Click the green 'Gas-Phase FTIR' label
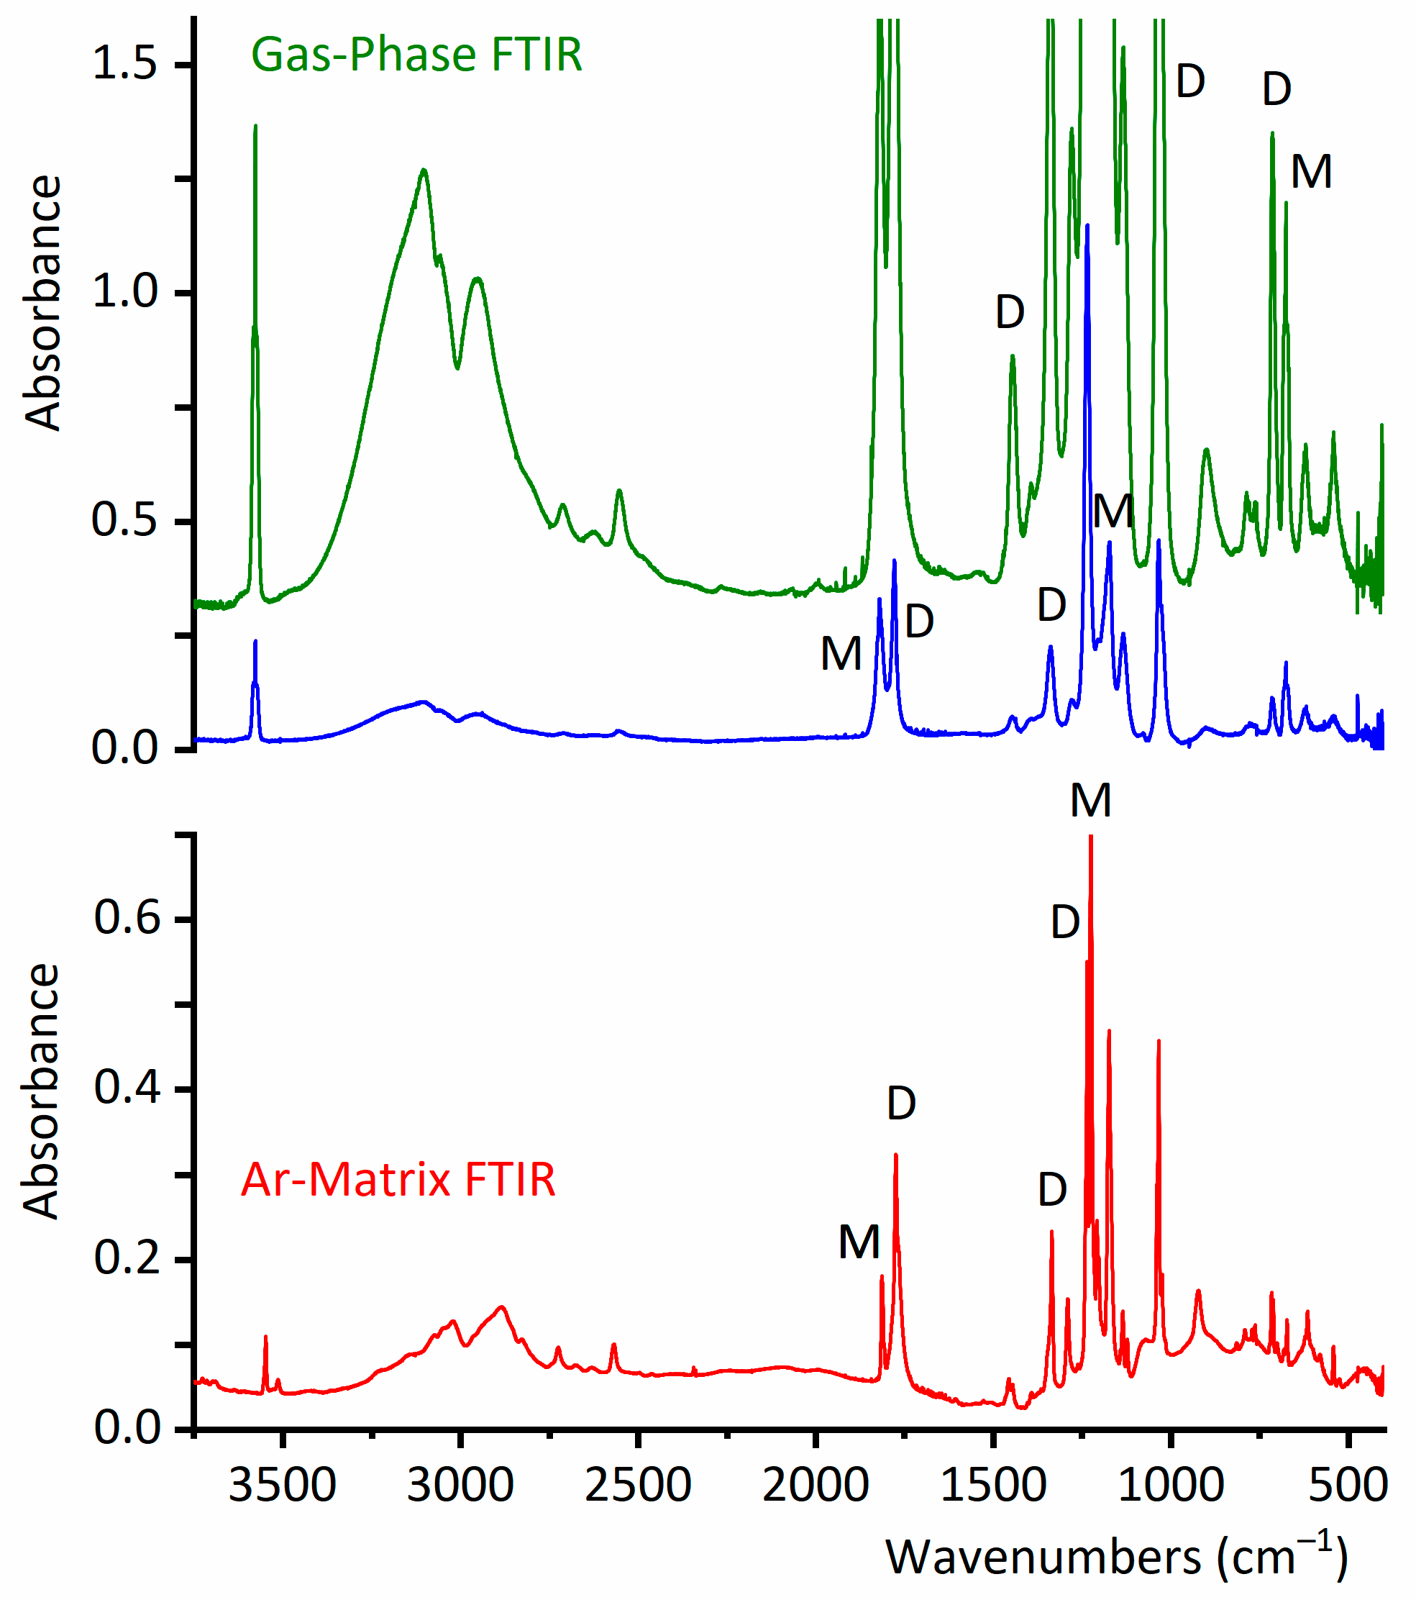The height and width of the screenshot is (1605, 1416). click(416, 55)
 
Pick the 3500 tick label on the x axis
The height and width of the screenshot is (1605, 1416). click(283, 1486)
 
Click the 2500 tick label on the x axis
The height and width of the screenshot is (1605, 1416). click(638, 1486)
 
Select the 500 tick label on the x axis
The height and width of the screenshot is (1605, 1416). click(1348, 1486)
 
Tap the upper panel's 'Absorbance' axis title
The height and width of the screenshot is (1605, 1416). click(43, 302)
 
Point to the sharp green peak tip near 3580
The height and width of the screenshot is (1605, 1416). click(255, 126)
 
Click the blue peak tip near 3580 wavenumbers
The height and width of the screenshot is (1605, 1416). click(255, 642)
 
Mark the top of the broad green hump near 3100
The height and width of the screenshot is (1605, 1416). click(424, 170)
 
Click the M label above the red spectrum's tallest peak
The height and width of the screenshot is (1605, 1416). click(1091, 801)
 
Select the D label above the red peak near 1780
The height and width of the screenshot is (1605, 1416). click(901, 1104)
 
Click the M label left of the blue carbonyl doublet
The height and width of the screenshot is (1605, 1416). click(841, 654)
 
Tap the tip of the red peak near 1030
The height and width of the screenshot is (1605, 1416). click(1159, 1040)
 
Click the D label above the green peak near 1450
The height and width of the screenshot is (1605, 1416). click(1010, 312)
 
